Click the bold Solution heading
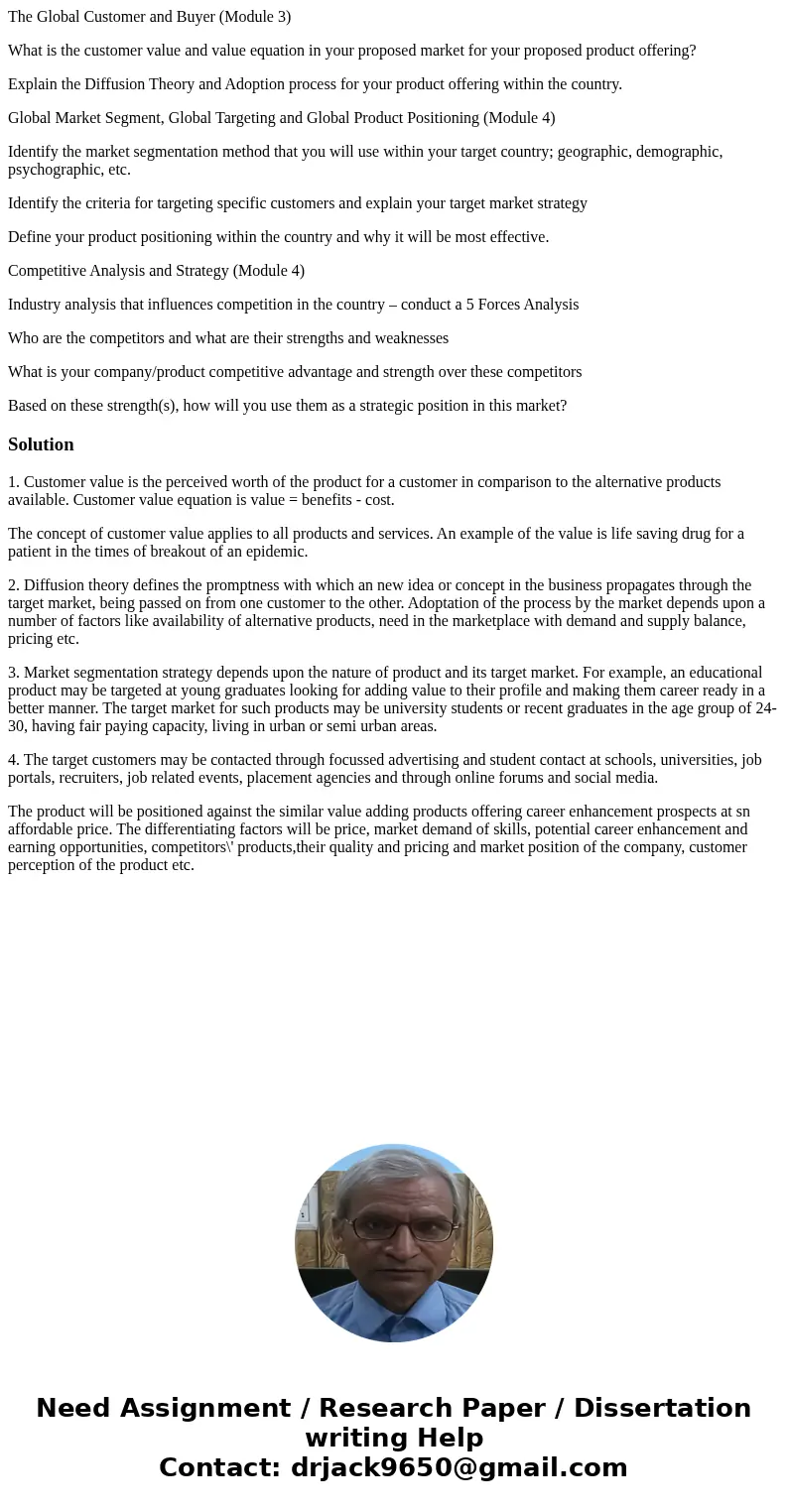[x=41, y=444]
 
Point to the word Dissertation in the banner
[x=662, y=1408]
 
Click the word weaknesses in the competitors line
[x=411, y=338]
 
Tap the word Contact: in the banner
[x=220, y=1467]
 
